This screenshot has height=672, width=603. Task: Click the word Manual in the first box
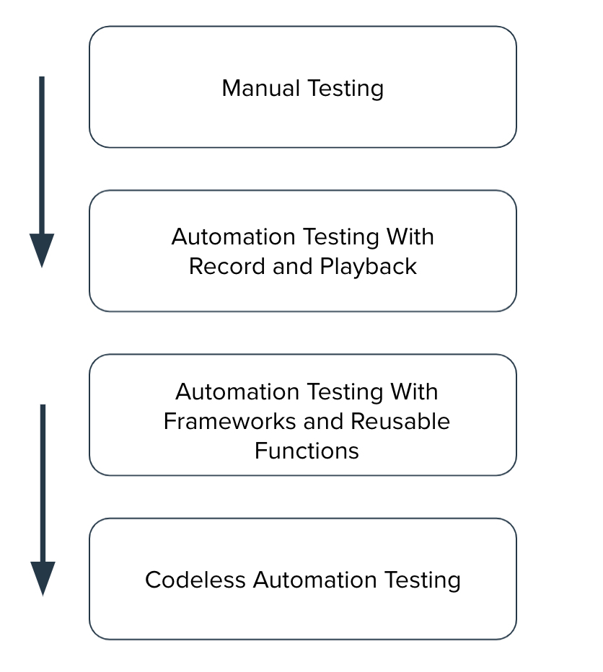[261, 88]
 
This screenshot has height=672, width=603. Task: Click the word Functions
[307, 451]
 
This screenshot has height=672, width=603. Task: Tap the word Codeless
[195, 580]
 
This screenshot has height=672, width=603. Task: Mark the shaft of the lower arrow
[43, 483]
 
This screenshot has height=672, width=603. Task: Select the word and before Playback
[291, 266]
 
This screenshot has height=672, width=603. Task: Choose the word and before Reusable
[326, 421]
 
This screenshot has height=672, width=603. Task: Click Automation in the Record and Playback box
[234, 236]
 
